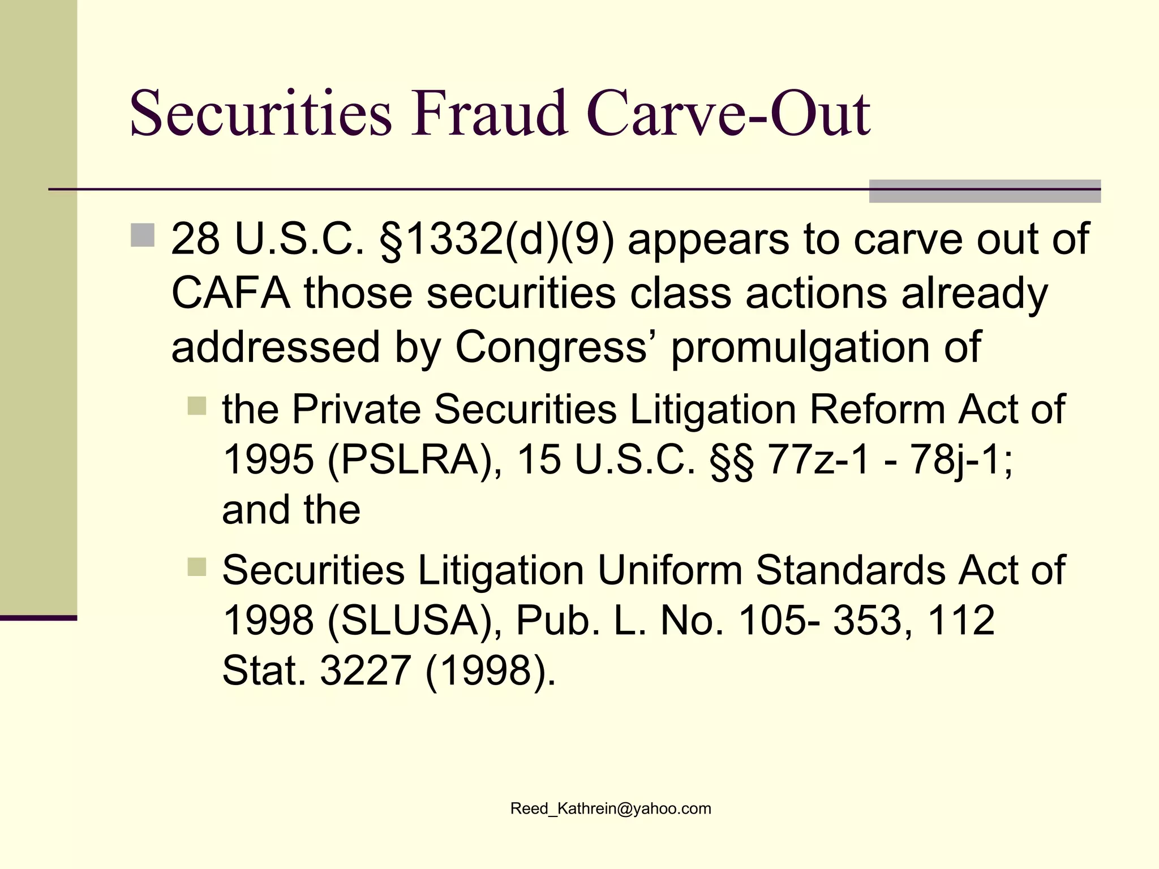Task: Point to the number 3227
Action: [366, 670]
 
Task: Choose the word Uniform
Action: [669, 570]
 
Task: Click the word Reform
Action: [877, 409]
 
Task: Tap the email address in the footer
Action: [611, 808]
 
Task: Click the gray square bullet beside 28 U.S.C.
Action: [143, 235]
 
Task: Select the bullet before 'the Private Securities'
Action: [197, 406]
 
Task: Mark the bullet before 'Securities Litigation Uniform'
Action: [197, 567]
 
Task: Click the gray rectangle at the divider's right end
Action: [985, 191]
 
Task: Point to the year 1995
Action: [268, 459]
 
